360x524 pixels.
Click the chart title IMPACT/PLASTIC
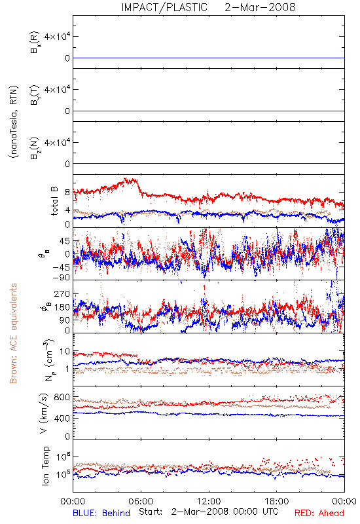pyautogui.click(x=164, y=7)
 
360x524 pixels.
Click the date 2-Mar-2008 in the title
pyautogui.click(x=260, y=7)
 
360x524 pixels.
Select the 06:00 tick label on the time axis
pyautogui.click(x=141, y=501)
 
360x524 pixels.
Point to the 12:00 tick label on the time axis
pyautogui.click(x=209, y=501)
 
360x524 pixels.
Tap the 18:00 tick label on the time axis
pyautogui.click(x=277, y=501)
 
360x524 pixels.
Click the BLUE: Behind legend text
pyautogui.click(x=101, y=513)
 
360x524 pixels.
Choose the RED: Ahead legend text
pyautogui.click(x=319, y=513)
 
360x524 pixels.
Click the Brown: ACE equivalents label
pyautogui.click(x=13, y=333)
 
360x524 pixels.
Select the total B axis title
pyautogui.click(x=54, y=201)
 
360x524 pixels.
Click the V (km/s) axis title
pyautogui.click(x=44, y=413)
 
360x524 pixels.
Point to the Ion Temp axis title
pyautogui.click(x=45, y=466)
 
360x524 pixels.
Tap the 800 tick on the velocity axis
pyautogui.click(x=62, y=398)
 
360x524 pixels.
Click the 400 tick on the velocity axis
pyautogui.click(x=62, y=419)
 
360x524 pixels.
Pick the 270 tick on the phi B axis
pyautogui.click(x=62, y=293)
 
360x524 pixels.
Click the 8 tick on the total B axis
pyautogui.click(x=67, y=193)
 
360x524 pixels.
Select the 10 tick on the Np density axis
pyautogui.click(x=65, y=352)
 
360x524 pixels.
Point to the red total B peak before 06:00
pyautogui.click(x=126, y=179)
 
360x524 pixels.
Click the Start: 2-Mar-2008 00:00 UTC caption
pyautogui.click(x=209, y=512)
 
